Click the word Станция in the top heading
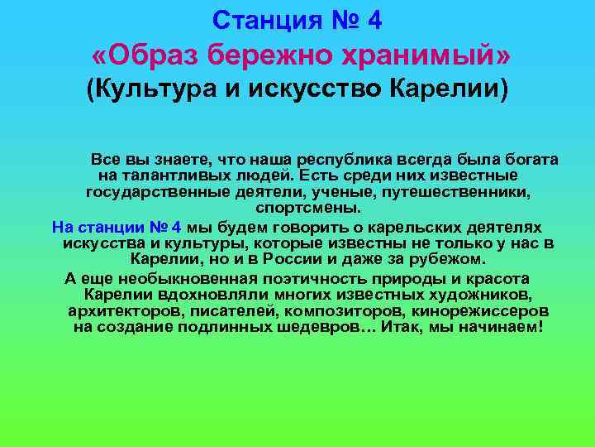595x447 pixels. point(259,19)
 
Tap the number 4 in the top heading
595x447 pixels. point(374,19)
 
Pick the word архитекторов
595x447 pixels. point(122,311)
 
